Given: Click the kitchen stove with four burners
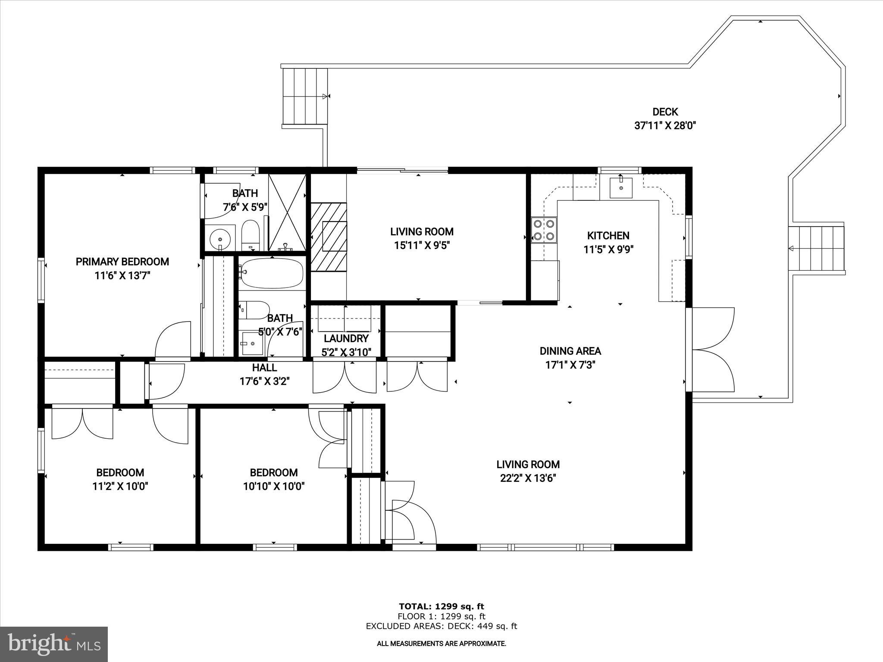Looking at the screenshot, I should click(544, 230).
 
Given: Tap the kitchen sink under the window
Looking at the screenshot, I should click(621, 187).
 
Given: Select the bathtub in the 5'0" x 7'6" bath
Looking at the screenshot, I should click(272, 273).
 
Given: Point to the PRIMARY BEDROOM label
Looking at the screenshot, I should click(122, 262).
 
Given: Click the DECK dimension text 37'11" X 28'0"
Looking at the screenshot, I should click(665, 126).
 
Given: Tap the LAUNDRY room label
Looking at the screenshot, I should click(346, 338).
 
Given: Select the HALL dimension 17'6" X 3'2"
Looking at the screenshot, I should click(264, 381).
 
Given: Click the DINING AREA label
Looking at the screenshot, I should click(570, 351).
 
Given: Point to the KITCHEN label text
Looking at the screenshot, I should click(608, 236).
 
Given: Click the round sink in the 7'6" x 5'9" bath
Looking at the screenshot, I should click(220, 238).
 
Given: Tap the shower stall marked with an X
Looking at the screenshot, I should click(287, 212).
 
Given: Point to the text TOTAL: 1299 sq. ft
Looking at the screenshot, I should click(441, 606).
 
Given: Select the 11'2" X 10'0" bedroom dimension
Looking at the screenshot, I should click(120, 487).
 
